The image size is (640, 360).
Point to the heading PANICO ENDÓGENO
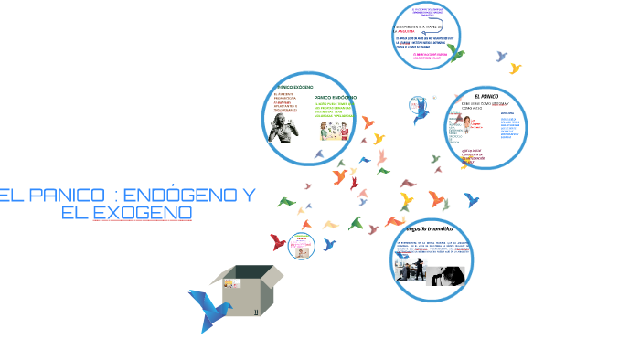coord(335,97)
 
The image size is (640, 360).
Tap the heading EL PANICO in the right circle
coord(487,95)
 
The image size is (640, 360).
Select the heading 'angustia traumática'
coord(429,228)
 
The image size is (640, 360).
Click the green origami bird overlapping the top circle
coord(454,53)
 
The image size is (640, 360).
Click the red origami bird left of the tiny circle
coord(278,242)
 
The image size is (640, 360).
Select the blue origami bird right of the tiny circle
coord(328,244)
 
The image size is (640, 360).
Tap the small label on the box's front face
coord(257,311)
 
